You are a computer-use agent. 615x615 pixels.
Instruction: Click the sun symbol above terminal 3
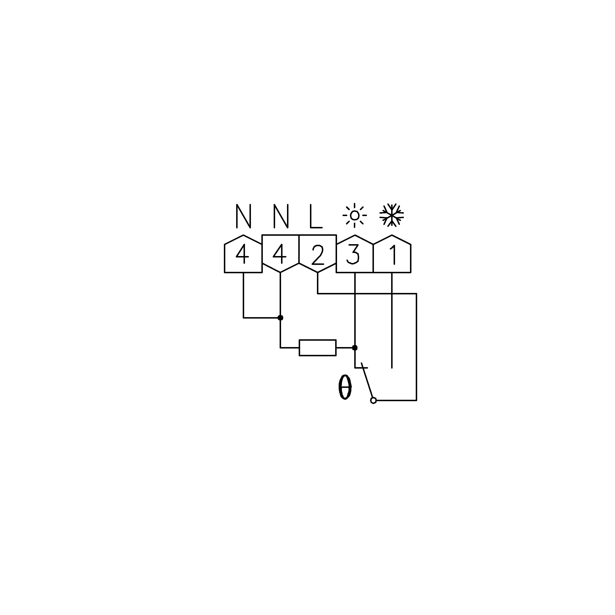pos(355,215)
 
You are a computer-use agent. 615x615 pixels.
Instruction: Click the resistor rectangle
pos(318,348)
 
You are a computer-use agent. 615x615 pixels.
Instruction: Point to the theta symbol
pos(345,387)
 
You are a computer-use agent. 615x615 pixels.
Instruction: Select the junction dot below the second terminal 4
pos(280,318)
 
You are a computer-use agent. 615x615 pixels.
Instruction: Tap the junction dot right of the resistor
pos(355,348)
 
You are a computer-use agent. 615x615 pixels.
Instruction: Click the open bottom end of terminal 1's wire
pos(392,368)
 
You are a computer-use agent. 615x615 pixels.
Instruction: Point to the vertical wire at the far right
pos(416,347)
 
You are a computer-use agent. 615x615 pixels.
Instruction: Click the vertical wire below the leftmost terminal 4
pos(244,295)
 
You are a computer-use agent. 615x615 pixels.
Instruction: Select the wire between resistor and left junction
pos(290,348)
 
